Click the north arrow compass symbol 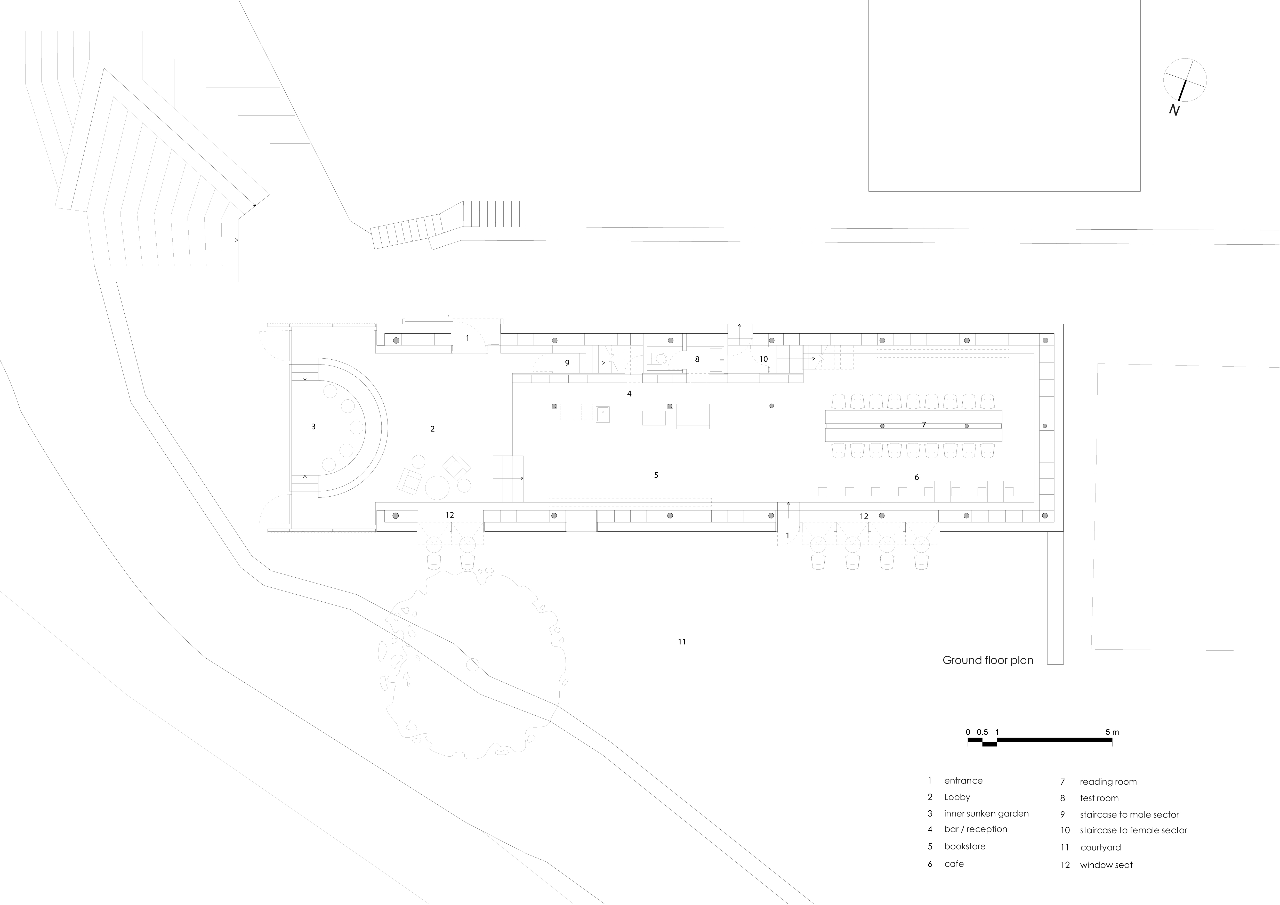(1185, 81)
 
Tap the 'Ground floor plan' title (987, 660)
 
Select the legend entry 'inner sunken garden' (986, 814)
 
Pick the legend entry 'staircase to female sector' (1133, 830)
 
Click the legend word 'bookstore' (964, 846)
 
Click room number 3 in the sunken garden (313, 427)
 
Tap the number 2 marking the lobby (433, 429)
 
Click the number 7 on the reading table (924, 425)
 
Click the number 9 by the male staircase (567, 363)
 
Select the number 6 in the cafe (916, 478)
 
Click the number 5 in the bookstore (656, 475)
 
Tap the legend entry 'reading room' (1108, 782)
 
